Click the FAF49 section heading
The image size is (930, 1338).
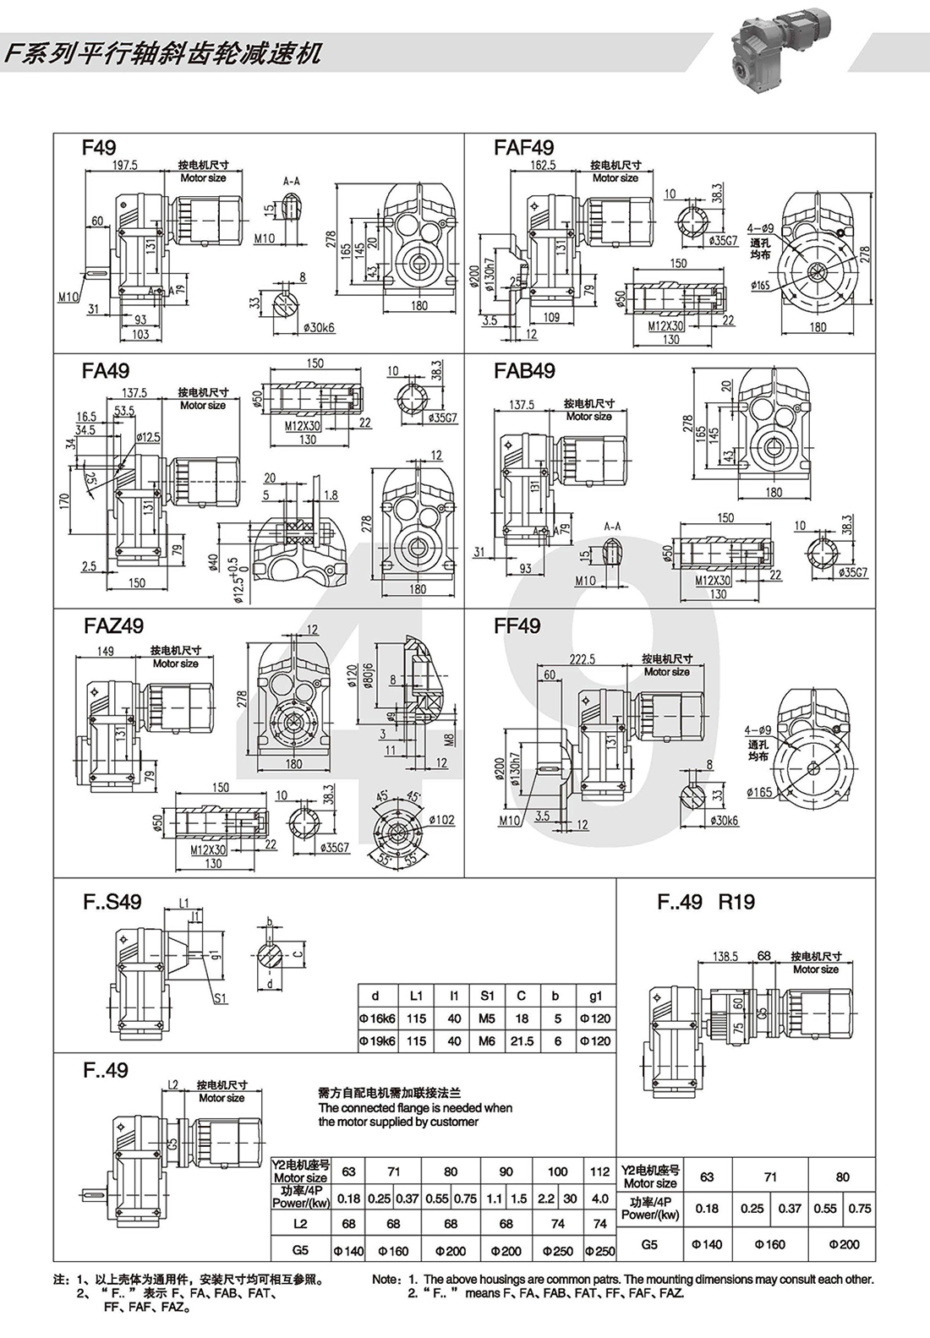pyautogui.click(x=524, y=148)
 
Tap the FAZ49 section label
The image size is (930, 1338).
pyautogui.click(x=114, y=625)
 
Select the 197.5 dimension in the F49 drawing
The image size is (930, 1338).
pyautogui.click(x=124, y=166)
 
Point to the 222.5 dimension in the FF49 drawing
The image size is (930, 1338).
pyautogui.click(x=583, y=659)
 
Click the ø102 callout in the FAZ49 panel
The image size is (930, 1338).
pyautogui.click(x=441, y=819)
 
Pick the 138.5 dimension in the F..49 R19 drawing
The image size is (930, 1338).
pyautogui.click(x=725, y=956)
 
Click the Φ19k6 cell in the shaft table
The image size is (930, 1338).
pyautogui.click(x=377, y=1040)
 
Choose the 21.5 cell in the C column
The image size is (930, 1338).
pyautogui.click(x=522, y=1040)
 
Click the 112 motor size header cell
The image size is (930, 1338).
pyautogui.click(x=599, y=1171)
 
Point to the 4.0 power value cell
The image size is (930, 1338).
pyautogui.click(x=599, y=1199)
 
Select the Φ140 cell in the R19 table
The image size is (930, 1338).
pyautogui.click(x=707, y=1244)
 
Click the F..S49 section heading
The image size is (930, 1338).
pyautogui.click(x=112, y=901)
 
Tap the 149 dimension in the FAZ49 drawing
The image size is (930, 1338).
pyautogui.click(x=106, y=651)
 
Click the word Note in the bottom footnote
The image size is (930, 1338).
pyautogui.click(x=385, y=1280)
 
